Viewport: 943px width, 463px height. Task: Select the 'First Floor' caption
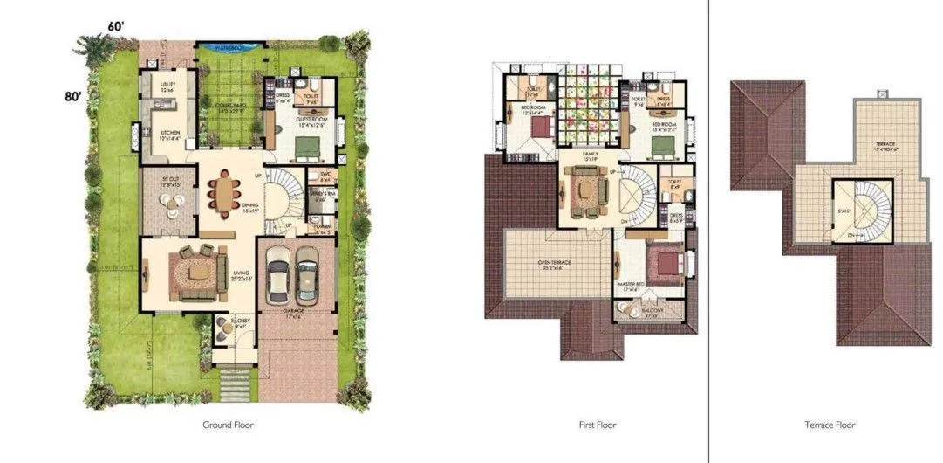pos(598,425)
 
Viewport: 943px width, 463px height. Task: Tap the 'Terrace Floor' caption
pos(830,425)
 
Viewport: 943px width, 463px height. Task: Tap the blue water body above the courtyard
pos(222,47)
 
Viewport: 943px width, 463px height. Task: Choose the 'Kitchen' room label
pos(168,133)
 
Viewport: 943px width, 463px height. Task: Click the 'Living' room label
pos(242,273)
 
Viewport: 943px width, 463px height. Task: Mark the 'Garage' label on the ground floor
pos(293,310)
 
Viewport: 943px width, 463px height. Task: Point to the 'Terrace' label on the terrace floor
pos(883,143)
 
